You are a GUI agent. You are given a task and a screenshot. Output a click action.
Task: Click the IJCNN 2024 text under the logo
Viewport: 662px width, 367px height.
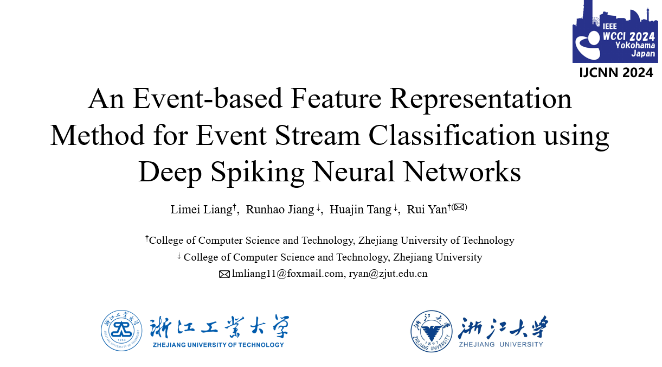[x=616, y=73]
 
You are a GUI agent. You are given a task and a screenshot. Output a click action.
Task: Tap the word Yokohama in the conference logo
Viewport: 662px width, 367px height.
[x=635, y=45]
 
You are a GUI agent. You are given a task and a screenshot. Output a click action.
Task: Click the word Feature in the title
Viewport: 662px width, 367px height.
[x=336, y=99]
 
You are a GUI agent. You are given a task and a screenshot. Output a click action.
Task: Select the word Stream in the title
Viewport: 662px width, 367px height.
[x=317, y=135]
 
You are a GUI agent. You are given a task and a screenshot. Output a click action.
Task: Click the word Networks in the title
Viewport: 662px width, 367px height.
[x=462, y=172]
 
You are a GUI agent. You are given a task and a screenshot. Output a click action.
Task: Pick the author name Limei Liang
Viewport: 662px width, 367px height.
[x=202, y=210]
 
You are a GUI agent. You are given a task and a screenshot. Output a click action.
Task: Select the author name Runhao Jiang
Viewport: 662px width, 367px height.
[x=280, y=210]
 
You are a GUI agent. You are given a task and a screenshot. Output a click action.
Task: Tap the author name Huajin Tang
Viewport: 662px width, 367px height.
[x=361, y=210]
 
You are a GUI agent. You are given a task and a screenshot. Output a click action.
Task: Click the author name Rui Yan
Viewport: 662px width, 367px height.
[x=427, y=210]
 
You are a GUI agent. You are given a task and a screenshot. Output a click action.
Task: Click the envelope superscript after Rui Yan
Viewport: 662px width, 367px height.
[x=459, y=207]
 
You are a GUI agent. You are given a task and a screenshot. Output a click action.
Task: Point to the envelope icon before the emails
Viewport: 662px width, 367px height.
[x=224, y=274]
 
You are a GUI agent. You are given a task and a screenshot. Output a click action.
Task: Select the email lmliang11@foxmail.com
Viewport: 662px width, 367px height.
[x=287, y=274]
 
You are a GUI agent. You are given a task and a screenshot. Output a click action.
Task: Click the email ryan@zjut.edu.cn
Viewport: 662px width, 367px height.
[x=388, y=274]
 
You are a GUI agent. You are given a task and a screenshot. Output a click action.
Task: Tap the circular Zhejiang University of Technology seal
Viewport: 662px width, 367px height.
[x=121, y=331]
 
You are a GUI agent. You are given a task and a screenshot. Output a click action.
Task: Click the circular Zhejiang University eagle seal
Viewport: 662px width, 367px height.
[x=432, y=331]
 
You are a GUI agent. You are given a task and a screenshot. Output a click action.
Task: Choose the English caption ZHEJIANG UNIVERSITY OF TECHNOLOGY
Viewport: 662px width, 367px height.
[x=218, y=345]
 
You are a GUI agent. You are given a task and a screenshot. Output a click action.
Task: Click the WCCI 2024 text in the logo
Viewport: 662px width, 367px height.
[x=628, y=36]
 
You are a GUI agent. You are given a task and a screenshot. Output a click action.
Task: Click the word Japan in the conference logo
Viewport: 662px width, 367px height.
[x=643, y=54]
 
